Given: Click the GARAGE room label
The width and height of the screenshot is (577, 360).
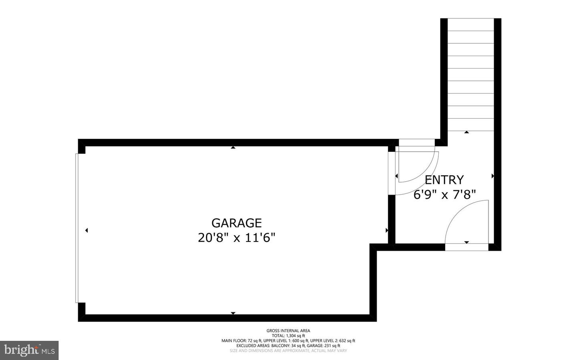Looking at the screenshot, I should (236, 223).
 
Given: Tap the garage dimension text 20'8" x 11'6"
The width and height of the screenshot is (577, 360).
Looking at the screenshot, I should (236, 238).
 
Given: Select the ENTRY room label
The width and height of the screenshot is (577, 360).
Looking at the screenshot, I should (444, 179).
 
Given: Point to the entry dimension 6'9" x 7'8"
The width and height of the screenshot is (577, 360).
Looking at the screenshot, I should (444, 195).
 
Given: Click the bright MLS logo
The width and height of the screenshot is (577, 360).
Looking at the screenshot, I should (29, 350).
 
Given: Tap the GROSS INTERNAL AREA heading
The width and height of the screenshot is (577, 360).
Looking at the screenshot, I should (288, 331).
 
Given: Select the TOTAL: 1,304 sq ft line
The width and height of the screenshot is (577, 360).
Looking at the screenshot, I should (288, 336).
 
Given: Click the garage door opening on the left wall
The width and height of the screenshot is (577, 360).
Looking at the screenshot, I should (77, 227).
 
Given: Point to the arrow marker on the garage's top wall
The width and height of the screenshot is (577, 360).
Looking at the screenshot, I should (233, 148).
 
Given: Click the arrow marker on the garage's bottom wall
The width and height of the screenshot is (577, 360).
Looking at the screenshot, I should (233, 313).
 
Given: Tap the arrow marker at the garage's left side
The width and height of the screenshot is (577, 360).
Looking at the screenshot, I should (87, 230).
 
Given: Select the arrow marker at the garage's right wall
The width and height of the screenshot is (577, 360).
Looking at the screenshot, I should (387, 230).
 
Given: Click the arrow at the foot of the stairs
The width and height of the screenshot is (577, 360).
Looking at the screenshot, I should (466, 132).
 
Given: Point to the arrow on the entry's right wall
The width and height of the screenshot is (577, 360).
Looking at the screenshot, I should (492, 176).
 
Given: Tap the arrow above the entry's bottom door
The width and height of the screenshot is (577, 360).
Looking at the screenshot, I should (466, 242).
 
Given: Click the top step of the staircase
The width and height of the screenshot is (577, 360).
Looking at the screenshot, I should (470, 24).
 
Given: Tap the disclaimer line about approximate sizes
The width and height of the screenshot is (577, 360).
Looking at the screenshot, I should (288, 350).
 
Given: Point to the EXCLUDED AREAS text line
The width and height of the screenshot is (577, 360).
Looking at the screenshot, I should (288, 346).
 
